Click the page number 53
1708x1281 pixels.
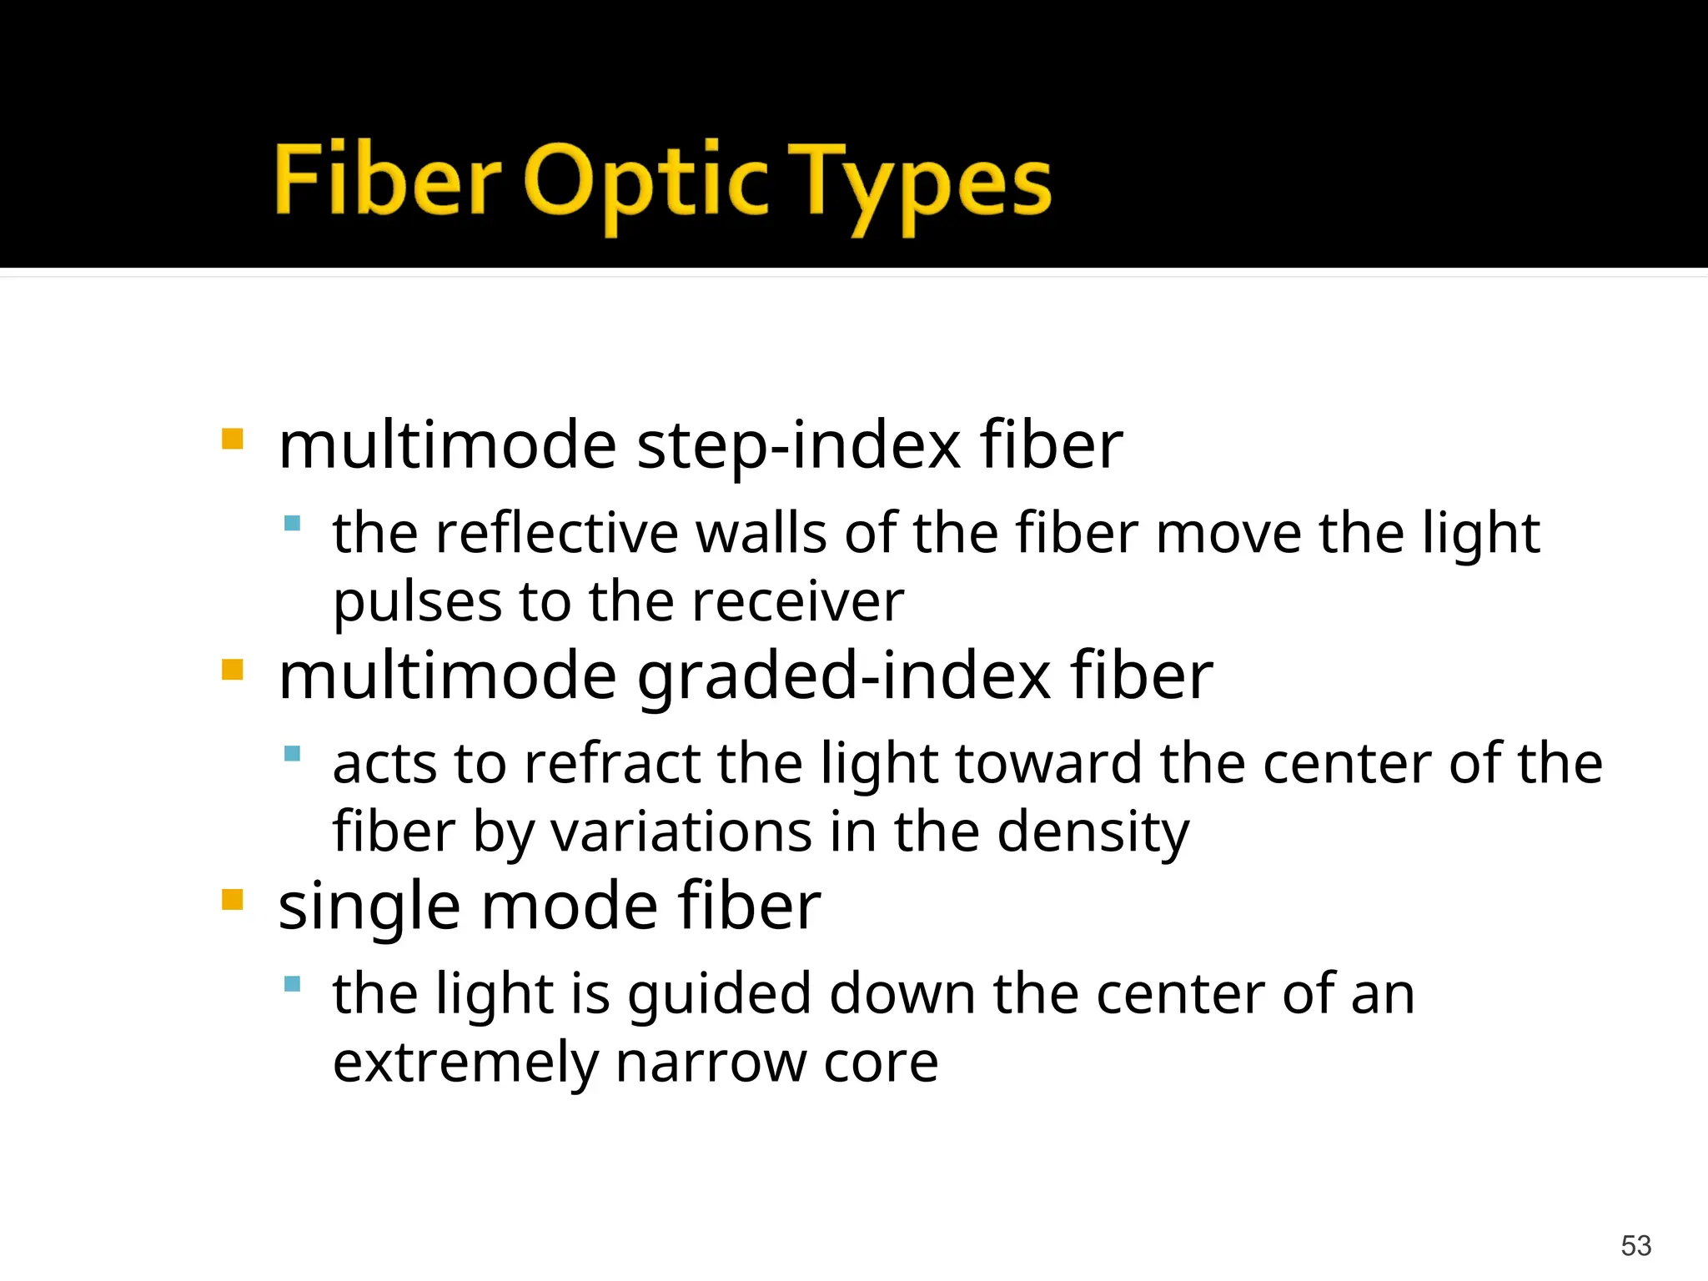(1635, 1245)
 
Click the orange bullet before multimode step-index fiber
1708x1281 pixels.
(233, 439)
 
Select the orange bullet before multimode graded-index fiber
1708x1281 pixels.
(233, 670)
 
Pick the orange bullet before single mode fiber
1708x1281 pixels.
(233, 900)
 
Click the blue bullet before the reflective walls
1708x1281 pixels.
(292, 524)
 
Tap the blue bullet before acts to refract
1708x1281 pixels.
(292, 754)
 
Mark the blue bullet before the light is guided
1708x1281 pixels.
(292, 984)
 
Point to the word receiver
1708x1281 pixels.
(798, 602)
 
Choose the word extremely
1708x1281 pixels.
(465, 1063)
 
